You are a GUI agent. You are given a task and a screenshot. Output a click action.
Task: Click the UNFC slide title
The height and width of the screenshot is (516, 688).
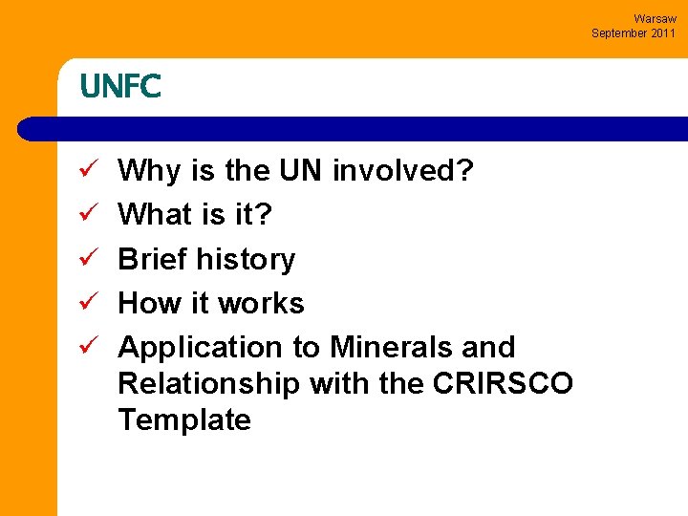[x=120, y=87]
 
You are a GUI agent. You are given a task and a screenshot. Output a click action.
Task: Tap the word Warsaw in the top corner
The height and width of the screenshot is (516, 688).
[x=655, y=19]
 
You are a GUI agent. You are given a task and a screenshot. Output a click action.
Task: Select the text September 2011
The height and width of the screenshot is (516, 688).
[x=634, y=33]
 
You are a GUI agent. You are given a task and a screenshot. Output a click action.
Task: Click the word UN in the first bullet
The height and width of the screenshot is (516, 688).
[x=301, y=172]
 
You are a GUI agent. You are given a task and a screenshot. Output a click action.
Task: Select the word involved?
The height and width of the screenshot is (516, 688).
[x=403, y=172]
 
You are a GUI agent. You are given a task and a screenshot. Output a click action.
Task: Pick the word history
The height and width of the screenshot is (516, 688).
[x=247, y=260]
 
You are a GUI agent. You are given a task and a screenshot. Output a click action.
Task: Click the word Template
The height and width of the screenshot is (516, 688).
[x=184, y=419]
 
